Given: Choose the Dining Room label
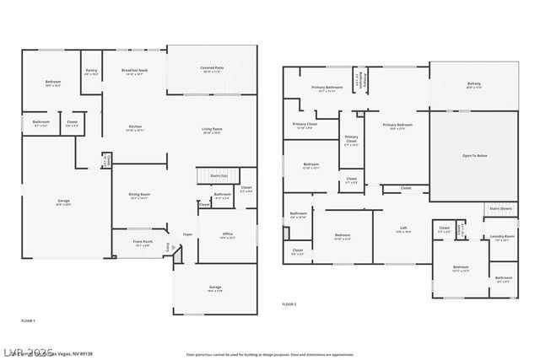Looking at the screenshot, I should [x=138, y=196].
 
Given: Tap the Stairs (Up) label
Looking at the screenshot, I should [x=219, y=175].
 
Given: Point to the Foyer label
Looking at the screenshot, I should [x=187, y=234].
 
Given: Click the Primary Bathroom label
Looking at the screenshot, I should [x=327, y=89].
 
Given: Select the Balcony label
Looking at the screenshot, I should [x=473, y=84].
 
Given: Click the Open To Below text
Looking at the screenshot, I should [x=474, y=155].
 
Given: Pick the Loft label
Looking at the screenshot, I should [x=404, y=228].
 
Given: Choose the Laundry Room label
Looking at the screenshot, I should [x=502, y=237].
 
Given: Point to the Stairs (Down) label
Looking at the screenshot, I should [x=500, y=208].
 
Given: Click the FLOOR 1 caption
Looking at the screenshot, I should [x=28, y=321].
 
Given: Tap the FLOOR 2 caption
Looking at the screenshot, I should [x=289, y=304].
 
